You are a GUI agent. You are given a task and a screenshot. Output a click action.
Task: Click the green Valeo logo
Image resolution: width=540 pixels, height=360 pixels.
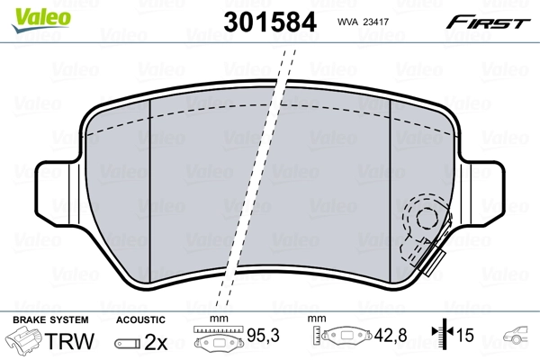41,20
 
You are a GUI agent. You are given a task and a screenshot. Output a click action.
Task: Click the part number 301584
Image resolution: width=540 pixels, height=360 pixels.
270,22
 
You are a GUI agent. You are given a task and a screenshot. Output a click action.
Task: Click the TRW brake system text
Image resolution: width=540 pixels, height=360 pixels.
69,341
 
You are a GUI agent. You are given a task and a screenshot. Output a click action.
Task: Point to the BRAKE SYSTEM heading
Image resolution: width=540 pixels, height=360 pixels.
50,319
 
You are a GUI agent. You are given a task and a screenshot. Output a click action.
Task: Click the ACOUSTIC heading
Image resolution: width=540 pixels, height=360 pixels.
140,319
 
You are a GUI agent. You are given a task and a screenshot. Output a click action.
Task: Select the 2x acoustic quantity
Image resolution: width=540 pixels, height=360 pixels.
156,342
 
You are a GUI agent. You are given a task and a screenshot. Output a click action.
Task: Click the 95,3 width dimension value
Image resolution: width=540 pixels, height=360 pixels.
264,335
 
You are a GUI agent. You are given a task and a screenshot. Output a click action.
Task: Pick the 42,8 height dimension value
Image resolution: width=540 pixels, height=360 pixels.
391,335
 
